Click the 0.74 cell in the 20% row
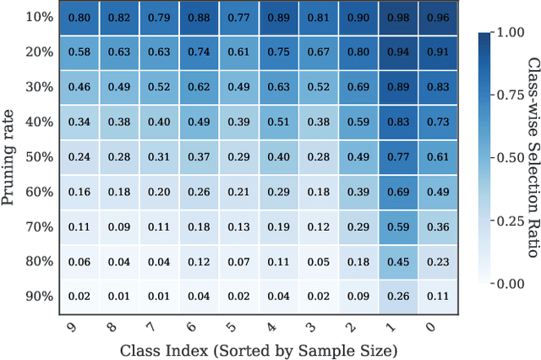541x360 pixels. pyautogui.click(x=198, y=52)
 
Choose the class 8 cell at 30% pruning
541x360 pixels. pyautogui.click(x=117, y=87)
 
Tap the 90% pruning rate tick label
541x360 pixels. pyautogui.click(x=37, y=296)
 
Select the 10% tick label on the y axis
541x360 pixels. pyautogui.click(x=37, y=18)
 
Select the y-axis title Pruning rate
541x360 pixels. pyautogui.click(x=10, y=157)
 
